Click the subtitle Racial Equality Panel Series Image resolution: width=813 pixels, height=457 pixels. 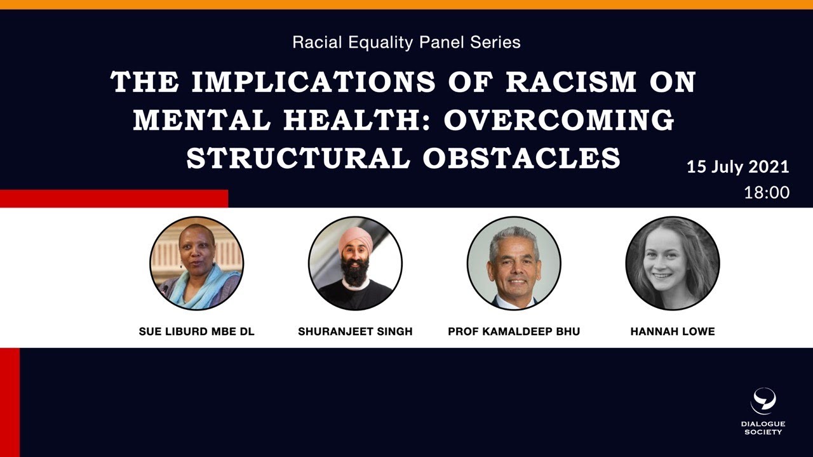pos(406,43)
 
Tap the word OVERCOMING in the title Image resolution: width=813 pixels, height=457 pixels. pos(559,120)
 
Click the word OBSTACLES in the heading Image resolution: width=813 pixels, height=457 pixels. pos(521,158)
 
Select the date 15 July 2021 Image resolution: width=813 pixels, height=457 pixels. pos(737,167)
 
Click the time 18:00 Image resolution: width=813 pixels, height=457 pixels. pos(767,192)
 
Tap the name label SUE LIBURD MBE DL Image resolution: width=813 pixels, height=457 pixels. pos(196,331)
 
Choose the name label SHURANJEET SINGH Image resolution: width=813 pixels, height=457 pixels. pos(355,331)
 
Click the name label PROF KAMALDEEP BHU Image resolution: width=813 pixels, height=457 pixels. pos(514,331)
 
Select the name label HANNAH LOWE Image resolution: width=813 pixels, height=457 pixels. pos(673,331)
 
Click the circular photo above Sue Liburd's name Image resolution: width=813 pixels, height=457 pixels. pos(196,263)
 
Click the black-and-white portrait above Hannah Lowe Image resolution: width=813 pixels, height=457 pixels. pos(673,263)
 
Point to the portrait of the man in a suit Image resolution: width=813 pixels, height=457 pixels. pos(514,263)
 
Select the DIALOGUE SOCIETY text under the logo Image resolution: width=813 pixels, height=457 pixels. pos(763,428)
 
